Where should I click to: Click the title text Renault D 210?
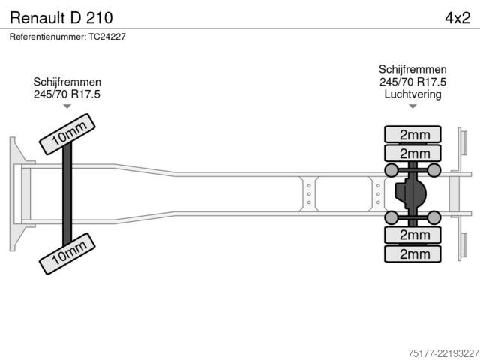[61, 18]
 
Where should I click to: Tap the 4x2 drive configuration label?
[457, 18]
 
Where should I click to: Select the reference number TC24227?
[107, 37]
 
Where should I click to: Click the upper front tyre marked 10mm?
[67, 134]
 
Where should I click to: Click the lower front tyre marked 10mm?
[67, 253]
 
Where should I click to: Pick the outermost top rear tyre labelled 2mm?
[412, 134]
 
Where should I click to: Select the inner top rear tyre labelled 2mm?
[412, 153]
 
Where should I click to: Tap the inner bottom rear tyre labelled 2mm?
[412, 235]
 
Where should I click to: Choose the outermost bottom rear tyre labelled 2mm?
[412, 253]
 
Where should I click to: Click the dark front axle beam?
[67, 194]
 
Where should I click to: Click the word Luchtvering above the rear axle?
[412, 94]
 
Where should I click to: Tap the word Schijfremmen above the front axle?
[67, 82]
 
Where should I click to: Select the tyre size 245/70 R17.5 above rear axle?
[412, 82]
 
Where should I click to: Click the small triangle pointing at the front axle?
[67, 106]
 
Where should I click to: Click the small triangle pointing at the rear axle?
[412, 106]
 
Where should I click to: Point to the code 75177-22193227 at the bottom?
[443, 353]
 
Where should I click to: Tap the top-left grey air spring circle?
[391, 170]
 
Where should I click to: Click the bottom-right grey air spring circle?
[433, 217]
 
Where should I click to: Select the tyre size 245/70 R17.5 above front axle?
[67, 94]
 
